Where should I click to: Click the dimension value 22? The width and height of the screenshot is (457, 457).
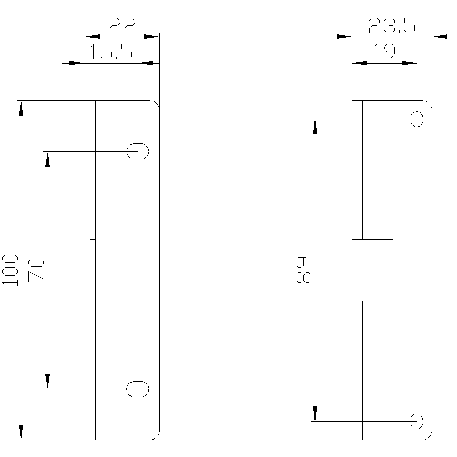[x=122, y=26]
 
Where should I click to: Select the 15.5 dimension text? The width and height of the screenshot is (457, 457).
[x=111, y=52]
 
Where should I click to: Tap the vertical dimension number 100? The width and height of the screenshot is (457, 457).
[x=10, y=270]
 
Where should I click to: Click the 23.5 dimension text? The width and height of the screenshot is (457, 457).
[x=392, y=26]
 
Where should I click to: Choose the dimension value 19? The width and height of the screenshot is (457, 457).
[x=384, y=52]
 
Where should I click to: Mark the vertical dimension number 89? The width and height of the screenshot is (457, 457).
[x=303, y=270]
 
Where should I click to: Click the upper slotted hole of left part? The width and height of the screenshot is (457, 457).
[x=138, y=151]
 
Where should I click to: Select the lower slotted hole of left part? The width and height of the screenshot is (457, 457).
[x=138, y=389]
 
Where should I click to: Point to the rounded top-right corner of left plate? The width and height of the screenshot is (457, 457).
[x=157, y=102]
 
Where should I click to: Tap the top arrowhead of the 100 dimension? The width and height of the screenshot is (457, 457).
[x=21, y=108]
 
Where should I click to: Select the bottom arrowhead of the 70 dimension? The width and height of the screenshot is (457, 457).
[x=48, y=381]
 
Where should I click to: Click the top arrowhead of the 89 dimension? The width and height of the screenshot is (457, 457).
[x=315, y=127]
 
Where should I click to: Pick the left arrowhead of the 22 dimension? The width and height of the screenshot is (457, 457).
[x=92, y=37]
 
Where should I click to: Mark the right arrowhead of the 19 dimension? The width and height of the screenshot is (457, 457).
[x=409, y=63]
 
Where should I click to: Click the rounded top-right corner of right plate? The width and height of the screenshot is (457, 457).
[x=429, y=102]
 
